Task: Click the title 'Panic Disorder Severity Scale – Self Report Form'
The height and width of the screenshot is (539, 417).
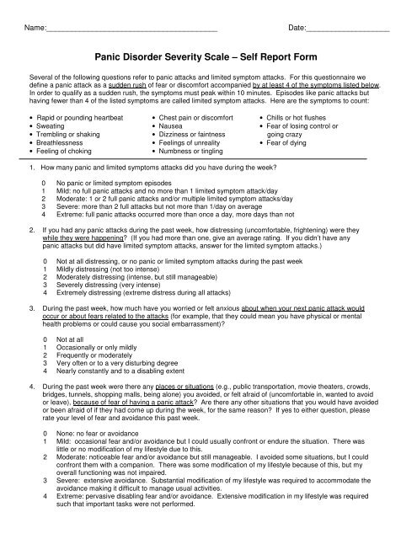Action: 208,54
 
